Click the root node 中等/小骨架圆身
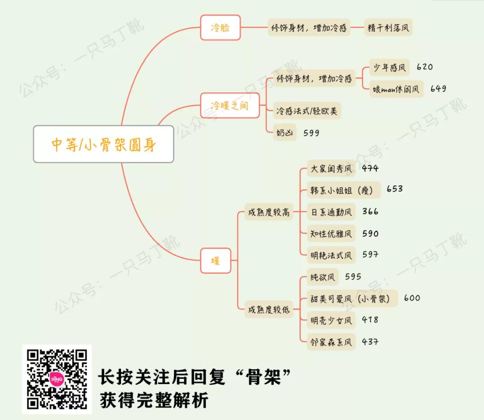tap(103, 144)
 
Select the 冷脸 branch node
tap(220, 28)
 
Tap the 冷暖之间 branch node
tap(229, 105)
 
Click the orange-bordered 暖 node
tap(216, 260)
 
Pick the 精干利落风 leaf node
tap(388, 28)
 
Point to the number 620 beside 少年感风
tap(424, 67)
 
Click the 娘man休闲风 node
tap(396, 89)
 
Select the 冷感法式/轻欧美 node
tap(307, 111)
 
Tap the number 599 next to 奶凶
tap(311, 133)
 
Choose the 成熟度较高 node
tap(269, 212)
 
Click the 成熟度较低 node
tap(269, 309)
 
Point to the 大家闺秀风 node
tap(331, 169)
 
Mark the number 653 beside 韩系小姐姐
tap(394, 189)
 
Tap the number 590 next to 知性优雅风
tap(370, 234)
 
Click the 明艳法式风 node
tap(331, 255)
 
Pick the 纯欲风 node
tap(323, 277)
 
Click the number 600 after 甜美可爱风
tap(412, 298)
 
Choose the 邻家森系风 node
tap(331, 342)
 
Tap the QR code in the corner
tap(57, 379)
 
